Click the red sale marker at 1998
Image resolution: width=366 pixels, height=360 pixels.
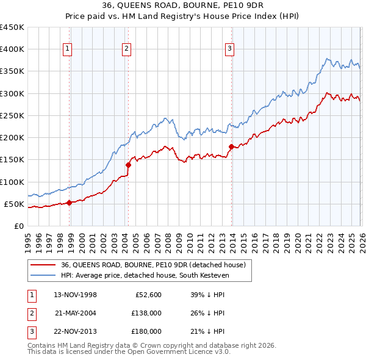click(x=69, y=203)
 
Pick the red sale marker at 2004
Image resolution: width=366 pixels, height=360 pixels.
click(x=129, y=165)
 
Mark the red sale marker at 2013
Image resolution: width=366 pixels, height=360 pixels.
click(x=231, y=146)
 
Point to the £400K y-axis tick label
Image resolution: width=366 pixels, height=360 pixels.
click(x=12, y=49)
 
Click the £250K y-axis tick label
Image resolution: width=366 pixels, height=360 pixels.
click(x=12, y=115)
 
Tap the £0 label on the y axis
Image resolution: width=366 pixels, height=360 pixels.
click(x=18, y=226)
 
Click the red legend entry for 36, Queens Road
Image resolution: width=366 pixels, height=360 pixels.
click(x=153, y=265)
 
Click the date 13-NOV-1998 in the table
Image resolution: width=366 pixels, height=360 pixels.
click(x=76, y=295)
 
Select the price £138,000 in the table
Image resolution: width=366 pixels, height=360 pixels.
click(x=146, y=313)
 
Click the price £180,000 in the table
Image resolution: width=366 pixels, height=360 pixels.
click(x=146, y=331)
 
